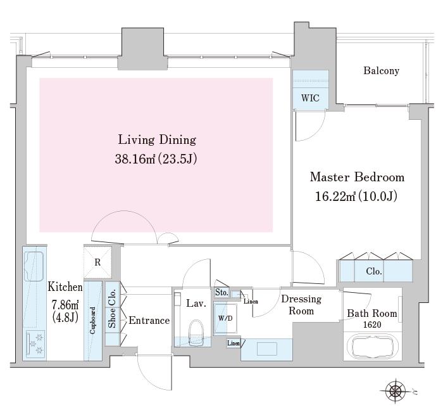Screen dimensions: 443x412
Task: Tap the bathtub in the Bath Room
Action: point(372,347)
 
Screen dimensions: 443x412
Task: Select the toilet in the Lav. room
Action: point(196,332)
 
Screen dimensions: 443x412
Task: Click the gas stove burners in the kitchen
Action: point(35,344)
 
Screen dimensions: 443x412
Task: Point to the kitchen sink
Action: point(34,266)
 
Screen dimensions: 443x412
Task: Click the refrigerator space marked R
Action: point(97,262)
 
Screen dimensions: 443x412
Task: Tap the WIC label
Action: point(310,98)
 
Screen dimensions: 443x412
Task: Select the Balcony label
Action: point(381,70)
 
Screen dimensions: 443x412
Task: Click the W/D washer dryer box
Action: point(225,318)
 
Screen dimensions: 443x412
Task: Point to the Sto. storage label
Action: point(221,292)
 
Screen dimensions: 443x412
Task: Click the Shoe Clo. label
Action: point(112,309)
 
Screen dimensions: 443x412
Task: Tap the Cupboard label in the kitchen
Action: point(92,321)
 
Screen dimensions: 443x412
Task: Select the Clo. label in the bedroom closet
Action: point(374,271)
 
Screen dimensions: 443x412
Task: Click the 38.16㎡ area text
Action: point(135,159)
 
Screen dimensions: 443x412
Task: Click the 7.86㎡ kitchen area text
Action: point(65,305)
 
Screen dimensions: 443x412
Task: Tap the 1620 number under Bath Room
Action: point(372,325)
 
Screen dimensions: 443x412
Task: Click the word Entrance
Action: point(149,321)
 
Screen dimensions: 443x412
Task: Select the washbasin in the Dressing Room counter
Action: point(267,349)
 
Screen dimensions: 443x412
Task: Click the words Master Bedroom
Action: point(357,177)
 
